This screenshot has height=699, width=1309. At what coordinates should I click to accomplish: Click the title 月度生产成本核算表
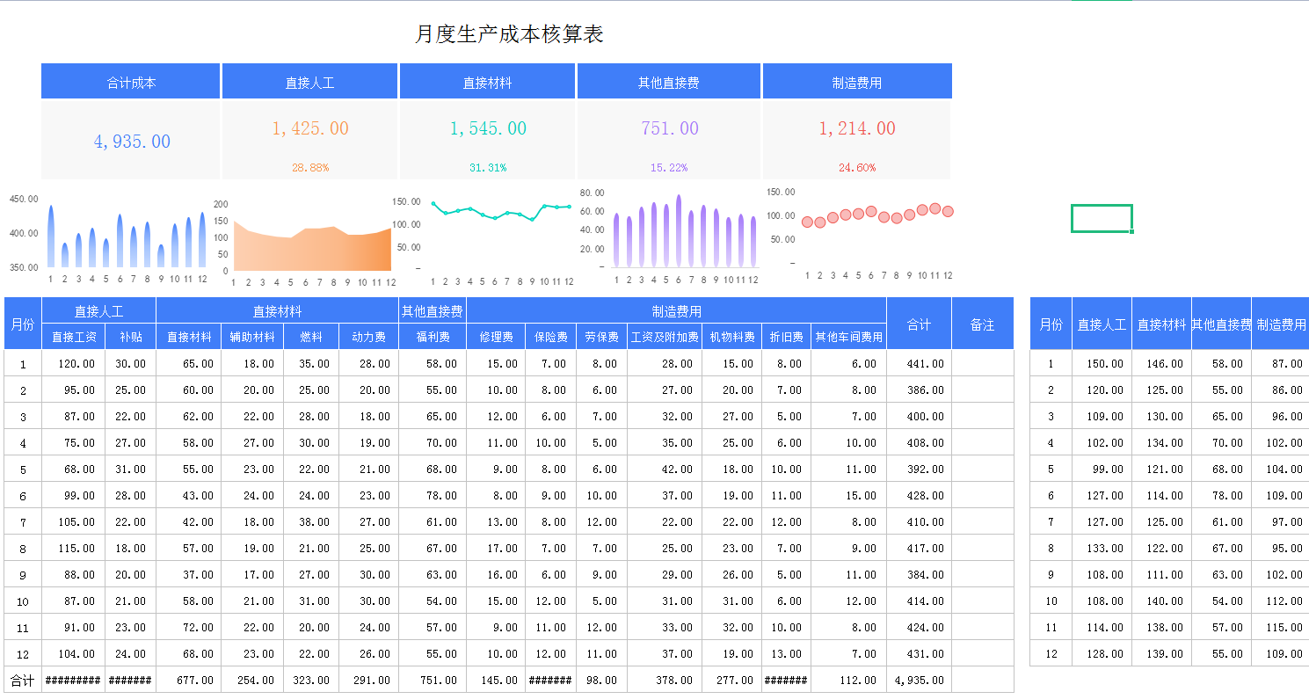[x=509, y=34]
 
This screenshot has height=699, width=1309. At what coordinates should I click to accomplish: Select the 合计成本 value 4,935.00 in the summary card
[x=132, y=142]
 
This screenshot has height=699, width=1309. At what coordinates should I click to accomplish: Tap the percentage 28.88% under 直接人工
[x=310, y=167]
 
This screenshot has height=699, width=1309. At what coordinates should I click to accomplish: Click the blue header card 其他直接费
[x=669, y=83]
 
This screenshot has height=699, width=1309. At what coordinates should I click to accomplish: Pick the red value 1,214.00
[x=856, y=128]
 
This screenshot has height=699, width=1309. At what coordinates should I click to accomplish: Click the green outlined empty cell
[x=1101, y=218]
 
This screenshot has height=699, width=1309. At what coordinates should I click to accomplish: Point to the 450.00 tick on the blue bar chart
[x=24, y=199]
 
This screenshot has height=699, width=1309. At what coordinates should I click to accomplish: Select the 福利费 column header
[x=433, y=337]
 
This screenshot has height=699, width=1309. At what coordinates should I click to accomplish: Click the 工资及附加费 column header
[x=665, y=337]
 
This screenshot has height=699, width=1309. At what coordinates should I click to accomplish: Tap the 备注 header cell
[x=982, y=324]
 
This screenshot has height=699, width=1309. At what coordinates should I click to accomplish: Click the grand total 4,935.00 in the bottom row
[x=920, y=680]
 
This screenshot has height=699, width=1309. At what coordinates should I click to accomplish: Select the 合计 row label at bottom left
[x=22, y=680]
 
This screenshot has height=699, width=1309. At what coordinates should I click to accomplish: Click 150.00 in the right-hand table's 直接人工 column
[x=1103, y=364]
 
